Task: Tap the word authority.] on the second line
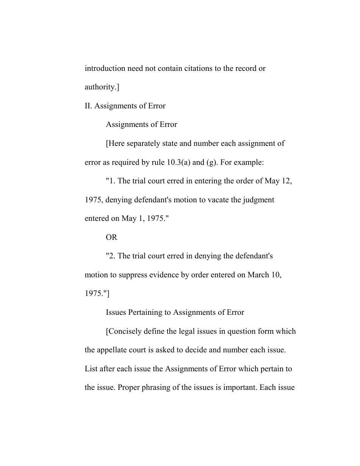(102, 87)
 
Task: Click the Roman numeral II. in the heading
(88, 106)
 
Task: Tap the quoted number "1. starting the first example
(111, 181)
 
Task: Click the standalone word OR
(111, 237)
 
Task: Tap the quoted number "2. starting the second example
(111, 256)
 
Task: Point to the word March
(258, 275)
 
